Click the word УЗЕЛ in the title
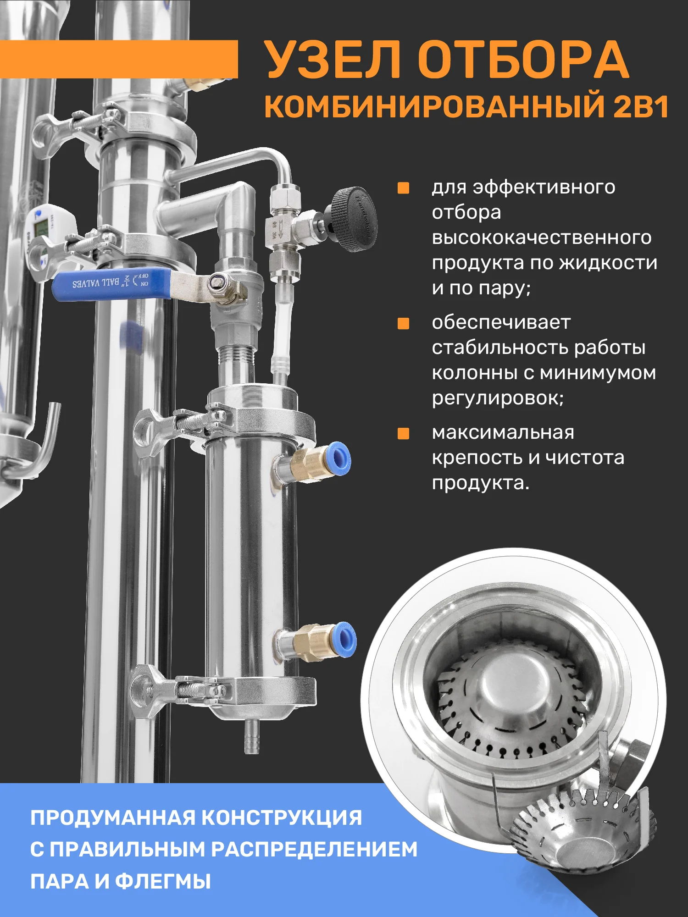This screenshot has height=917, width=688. pyautogui.click(x=333, y=60)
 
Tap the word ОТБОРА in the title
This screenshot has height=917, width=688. pyautogui.click(x=523, y=60)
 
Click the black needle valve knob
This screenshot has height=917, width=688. pyautogui.click(x=354, y=219)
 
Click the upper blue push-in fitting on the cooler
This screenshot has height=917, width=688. pyautogui.click(x=339, y=458)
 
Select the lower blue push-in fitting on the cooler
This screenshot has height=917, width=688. pyautogui.click(x=344, y=640)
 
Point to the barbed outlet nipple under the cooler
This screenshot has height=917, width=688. pyautogui.click(x=252, y=736)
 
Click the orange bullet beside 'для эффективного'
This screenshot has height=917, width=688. pyautogui.click(x=403, y=188)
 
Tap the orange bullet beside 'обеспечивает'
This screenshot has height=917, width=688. pyautogui.click(x=403, y=323)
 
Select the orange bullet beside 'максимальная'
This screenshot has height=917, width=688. pyautogui.click(x=403, y=433)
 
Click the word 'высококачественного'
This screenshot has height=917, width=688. pyautogui.click(x=542, y=238)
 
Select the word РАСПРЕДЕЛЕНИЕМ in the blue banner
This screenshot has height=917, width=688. pyautogui.click(x=315, y=849)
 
